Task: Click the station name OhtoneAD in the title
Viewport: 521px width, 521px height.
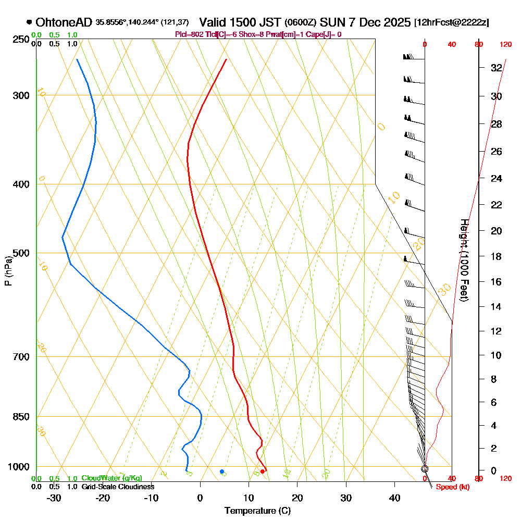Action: click(x=64, y=22)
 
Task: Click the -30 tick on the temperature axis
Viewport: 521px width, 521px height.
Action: click(x=54, y=498)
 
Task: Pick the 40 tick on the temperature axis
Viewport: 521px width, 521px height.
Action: click(x=394, y=498)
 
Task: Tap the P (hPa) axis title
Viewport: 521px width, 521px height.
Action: click(x=8, y=270)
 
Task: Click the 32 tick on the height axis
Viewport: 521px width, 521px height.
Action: click(x=496, y=67)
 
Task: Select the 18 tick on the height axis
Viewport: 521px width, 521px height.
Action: click(x=496, y=256)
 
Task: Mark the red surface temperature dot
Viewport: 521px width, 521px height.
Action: click(x=263, y=472)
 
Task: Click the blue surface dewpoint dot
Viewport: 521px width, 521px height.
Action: click(x=222, y=472)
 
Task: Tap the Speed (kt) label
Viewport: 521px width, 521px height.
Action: click(x=453, y=487)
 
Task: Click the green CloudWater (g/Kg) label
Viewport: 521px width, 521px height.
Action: click(x=111, y=478)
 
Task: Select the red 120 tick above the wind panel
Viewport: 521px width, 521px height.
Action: click(x=505, y=44)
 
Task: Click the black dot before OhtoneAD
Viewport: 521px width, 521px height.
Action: click(x=29, y=22)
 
